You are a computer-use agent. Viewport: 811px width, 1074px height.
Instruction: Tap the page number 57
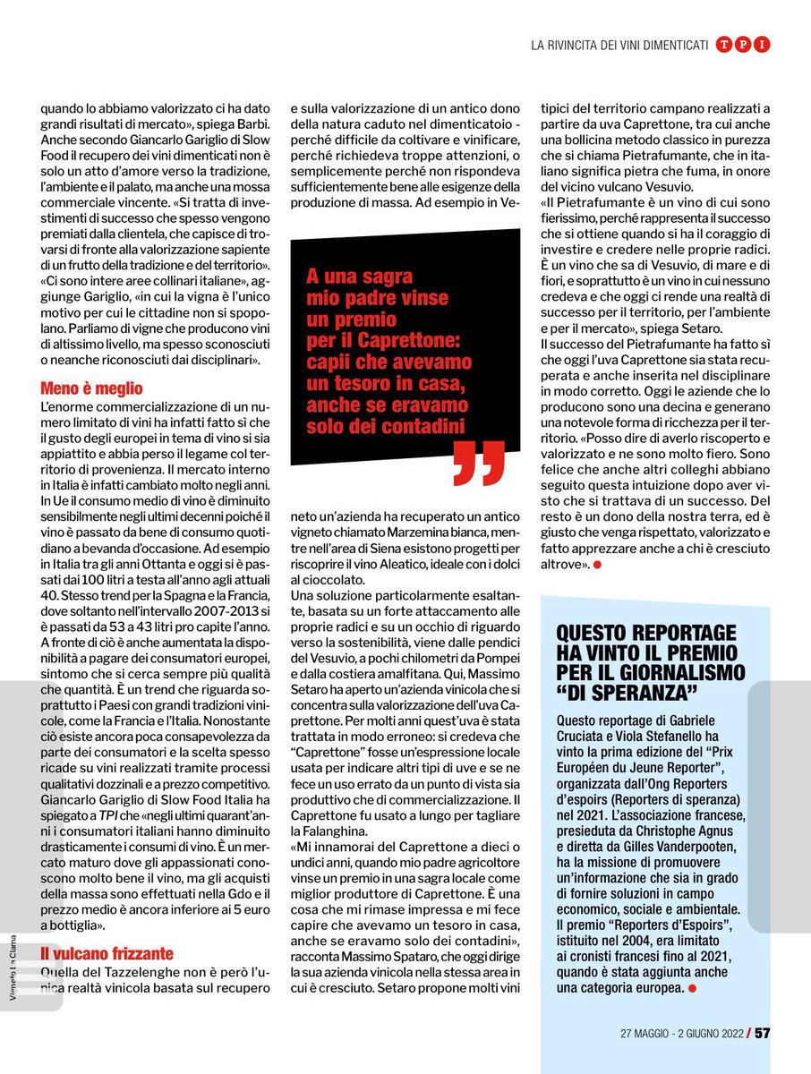[x=761, y=1032]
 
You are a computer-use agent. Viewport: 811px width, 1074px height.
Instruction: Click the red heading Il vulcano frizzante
[x=107, y=952]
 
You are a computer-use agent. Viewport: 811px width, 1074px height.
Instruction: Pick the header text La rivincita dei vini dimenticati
[x=619, y=45]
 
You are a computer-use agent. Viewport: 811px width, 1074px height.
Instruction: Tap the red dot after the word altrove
[x=596, y=566]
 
